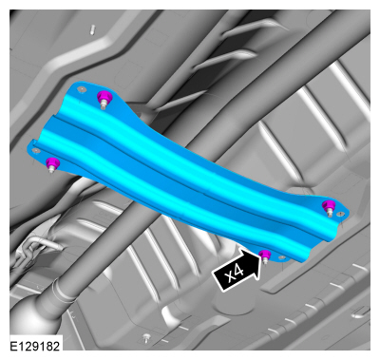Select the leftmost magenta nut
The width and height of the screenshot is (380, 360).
(52, 162)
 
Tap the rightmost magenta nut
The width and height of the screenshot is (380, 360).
(329, 205)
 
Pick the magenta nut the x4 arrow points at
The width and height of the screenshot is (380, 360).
(265, 254)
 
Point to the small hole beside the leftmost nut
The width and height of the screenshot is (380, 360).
(36, 150)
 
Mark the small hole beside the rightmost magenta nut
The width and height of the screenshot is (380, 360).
(340, 214)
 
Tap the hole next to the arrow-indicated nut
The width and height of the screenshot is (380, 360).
(281, 258)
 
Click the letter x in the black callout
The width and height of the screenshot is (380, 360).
(232, 277)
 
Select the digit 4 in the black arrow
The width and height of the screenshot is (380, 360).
(241, 272)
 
